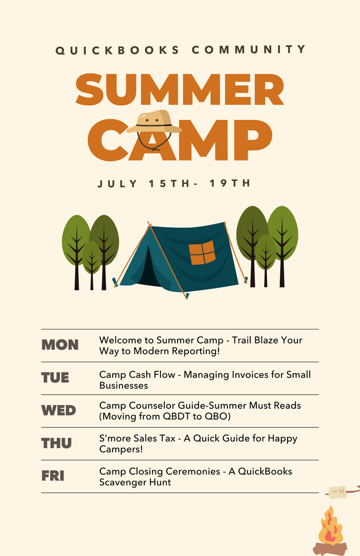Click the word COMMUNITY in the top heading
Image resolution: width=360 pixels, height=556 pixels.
(x=249, y=50)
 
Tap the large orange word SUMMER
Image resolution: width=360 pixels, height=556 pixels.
(x=180, y=90)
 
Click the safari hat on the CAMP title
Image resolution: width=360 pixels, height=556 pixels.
(x=154, y=122)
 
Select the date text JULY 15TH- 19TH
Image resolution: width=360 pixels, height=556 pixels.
(x=174, y=183)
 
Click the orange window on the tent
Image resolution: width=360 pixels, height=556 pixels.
(x=202, y=252)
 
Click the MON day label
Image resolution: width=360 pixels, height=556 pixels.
(x=60, y=345)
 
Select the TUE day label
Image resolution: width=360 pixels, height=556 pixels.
(x=55, y=378)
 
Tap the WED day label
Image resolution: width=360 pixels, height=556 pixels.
(x=59, y=411)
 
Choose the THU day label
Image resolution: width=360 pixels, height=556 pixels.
(x=56, y=443)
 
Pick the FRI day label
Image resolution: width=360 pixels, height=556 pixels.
(x=53, y=476)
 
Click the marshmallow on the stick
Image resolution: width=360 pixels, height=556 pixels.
(x=337, y=492)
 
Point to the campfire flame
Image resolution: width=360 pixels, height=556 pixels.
(x=330, y=526)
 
